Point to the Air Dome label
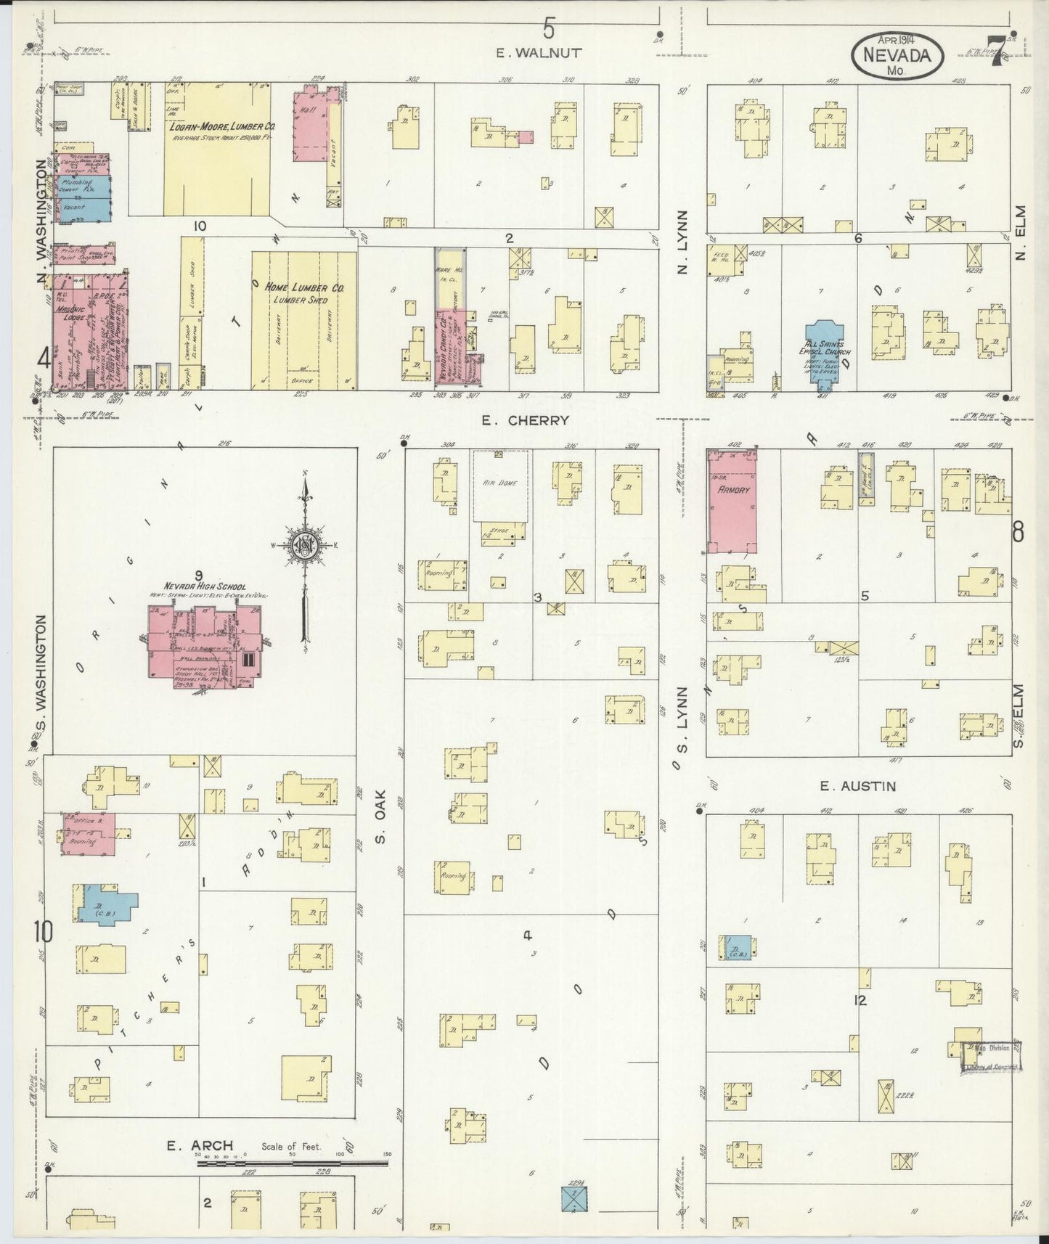501,483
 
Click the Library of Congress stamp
992,1056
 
